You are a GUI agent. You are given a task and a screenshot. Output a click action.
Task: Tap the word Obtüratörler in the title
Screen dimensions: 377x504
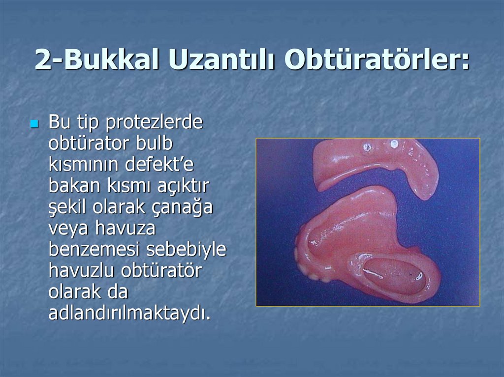tap(377, 61)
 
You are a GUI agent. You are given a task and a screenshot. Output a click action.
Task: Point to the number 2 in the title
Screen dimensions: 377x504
tap(43, 61)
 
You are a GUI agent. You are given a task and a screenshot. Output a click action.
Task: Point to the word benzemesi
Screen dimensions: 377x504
tap(94, 250)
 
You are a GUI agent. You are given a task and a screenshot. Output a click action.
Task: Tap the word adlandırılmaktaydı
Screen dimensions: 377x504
tap(129, 313)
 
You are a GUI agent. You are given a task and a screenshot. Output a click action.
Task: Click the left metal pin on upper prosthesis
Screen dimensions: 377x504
tap(367, 146)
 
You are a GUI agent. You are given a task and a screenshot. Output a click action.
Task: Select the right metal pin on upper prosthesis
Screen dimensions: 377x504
tap(394, 144)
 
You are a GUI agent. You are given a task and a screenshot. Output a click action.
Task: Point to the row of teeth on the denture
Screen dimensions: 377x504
tap(308, 265)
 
